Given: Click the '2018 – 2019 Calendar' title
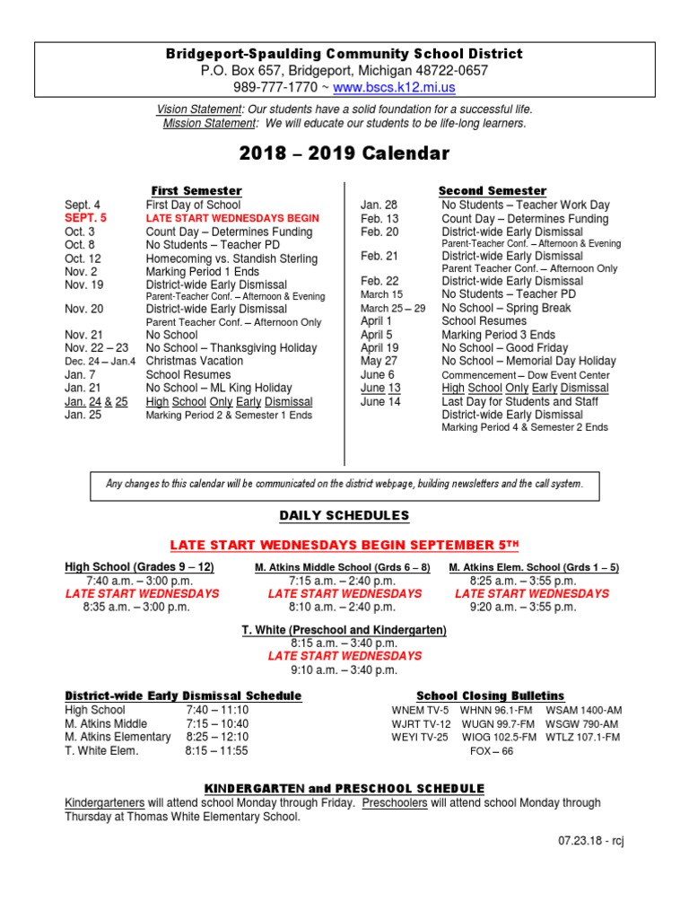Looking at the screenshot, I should [344, 153].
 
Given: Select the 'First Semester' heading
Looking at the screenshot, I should [196, 191].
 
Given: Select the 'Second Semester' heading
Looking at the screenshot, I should [492, 191].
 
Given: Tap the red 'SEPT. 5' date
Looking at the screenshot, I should [85, 218].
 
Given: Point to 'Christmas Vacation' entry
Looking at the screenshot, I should [195, 362].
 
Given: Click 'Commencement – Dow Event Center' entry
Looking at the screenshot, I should [526, 375].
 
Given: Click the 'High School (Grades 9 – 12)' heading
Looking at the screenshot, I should [139, 567].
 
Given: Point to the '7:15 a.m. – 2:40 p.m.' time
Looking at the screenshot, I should [342, 581].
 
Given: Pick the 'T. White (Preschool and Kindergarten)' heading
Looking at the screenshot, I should [344, 631].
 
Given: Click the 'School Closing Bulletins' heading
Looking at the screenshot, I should [491, 696].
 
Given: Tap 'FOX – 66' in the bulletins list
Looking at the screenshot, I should [492, 751].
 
